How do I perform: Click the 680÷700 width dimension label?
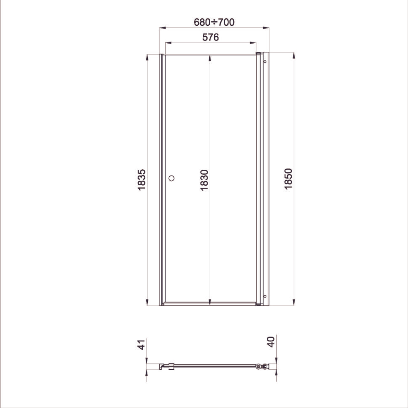(x=214, y=22)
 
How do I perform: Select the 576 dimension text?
(x=211, y=37)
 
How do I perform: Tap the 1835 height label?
(x=142, y=180)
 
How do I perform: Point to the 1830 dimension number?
(x=204, y=180)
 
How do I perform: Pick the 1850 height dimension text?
(x=288, y=179)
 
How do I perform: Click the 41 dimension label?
(x=141, y=344)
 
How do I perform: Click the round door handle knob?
(x=171, y=178)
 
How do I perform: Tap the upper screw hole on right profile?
(x=265, y=62)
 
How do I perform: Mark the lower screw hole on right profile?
(x=265, y=296)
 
